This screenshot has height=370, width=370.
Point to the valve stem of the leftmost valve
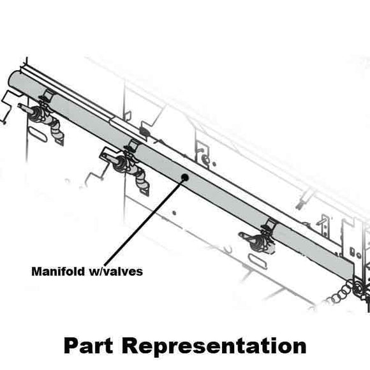point(25,108)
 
